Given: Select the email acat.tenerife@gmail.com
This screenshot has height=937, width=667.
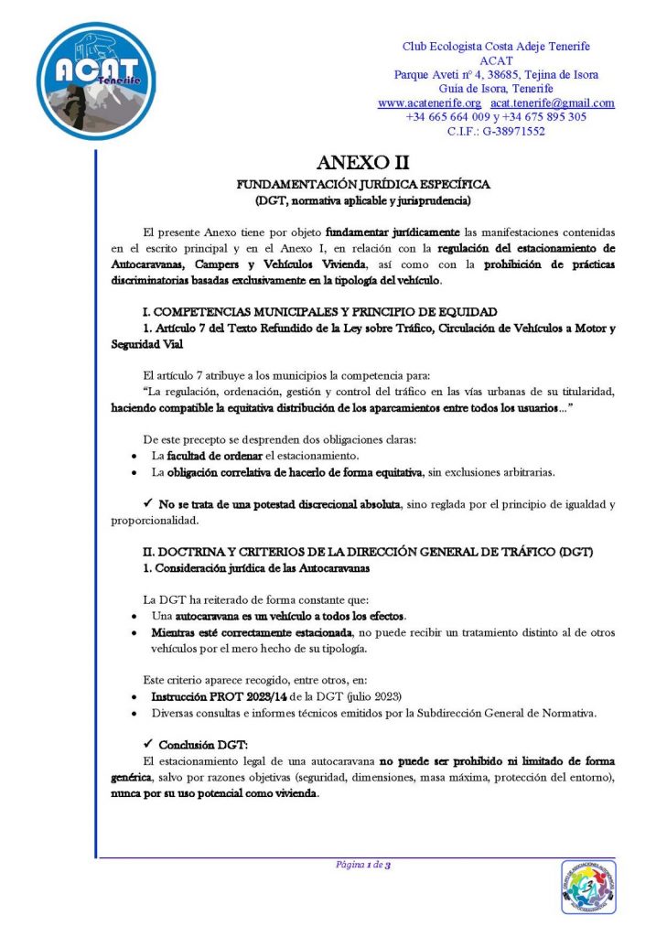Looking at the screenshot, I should (553, 103).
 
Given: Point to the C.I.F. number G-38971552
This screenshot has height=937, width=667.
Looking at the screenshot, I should (509, 131).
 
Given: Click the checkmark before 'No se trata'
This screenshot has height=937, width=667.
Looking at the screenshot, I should (149, 504).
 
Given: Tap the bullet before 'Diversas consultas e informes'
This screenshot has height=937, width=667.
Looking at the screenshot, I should (135, 713).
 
